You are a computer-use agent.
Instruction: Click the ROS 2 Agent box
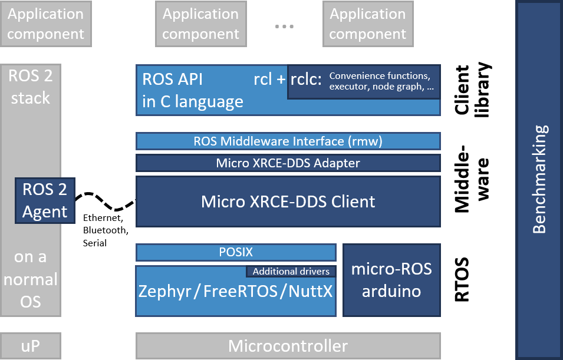tap(45, 200)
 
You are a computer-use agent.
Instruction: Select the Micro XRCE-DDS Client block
tap(288, 202)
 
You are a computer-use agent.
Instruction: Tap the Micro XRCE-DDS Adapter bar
tap(288, 163)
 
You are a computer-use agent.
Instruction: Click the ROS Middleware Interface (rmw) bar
tap(288, 141)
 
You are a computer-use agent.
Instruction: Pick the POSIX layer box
tap(236, 252)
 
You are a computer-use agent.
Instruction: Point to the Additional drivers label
tap(291, 272)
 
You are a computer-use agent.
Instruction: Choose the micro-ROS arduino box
tap(391, 280)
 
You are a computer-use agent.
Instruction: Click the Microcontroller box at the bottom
tap(288, 346)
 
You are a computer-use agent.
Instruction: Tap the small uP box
tap(30, 346)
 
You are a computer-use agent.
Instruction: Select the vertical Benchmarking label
tap(539, 179)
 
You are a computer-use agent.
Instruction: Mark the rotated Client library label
tap(472, 90)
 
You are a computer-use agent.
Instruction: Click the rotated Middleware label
tap(472, 177)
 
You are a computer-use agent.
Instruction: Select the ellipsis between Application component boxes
tap(284, 27)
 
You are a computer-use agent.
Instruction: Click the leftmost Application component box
tap(45, 24)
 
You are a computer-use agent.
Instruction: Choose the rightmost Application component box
tap(367, 24)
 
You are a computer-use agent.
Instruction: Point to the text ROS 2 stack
tap(30, 86)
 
